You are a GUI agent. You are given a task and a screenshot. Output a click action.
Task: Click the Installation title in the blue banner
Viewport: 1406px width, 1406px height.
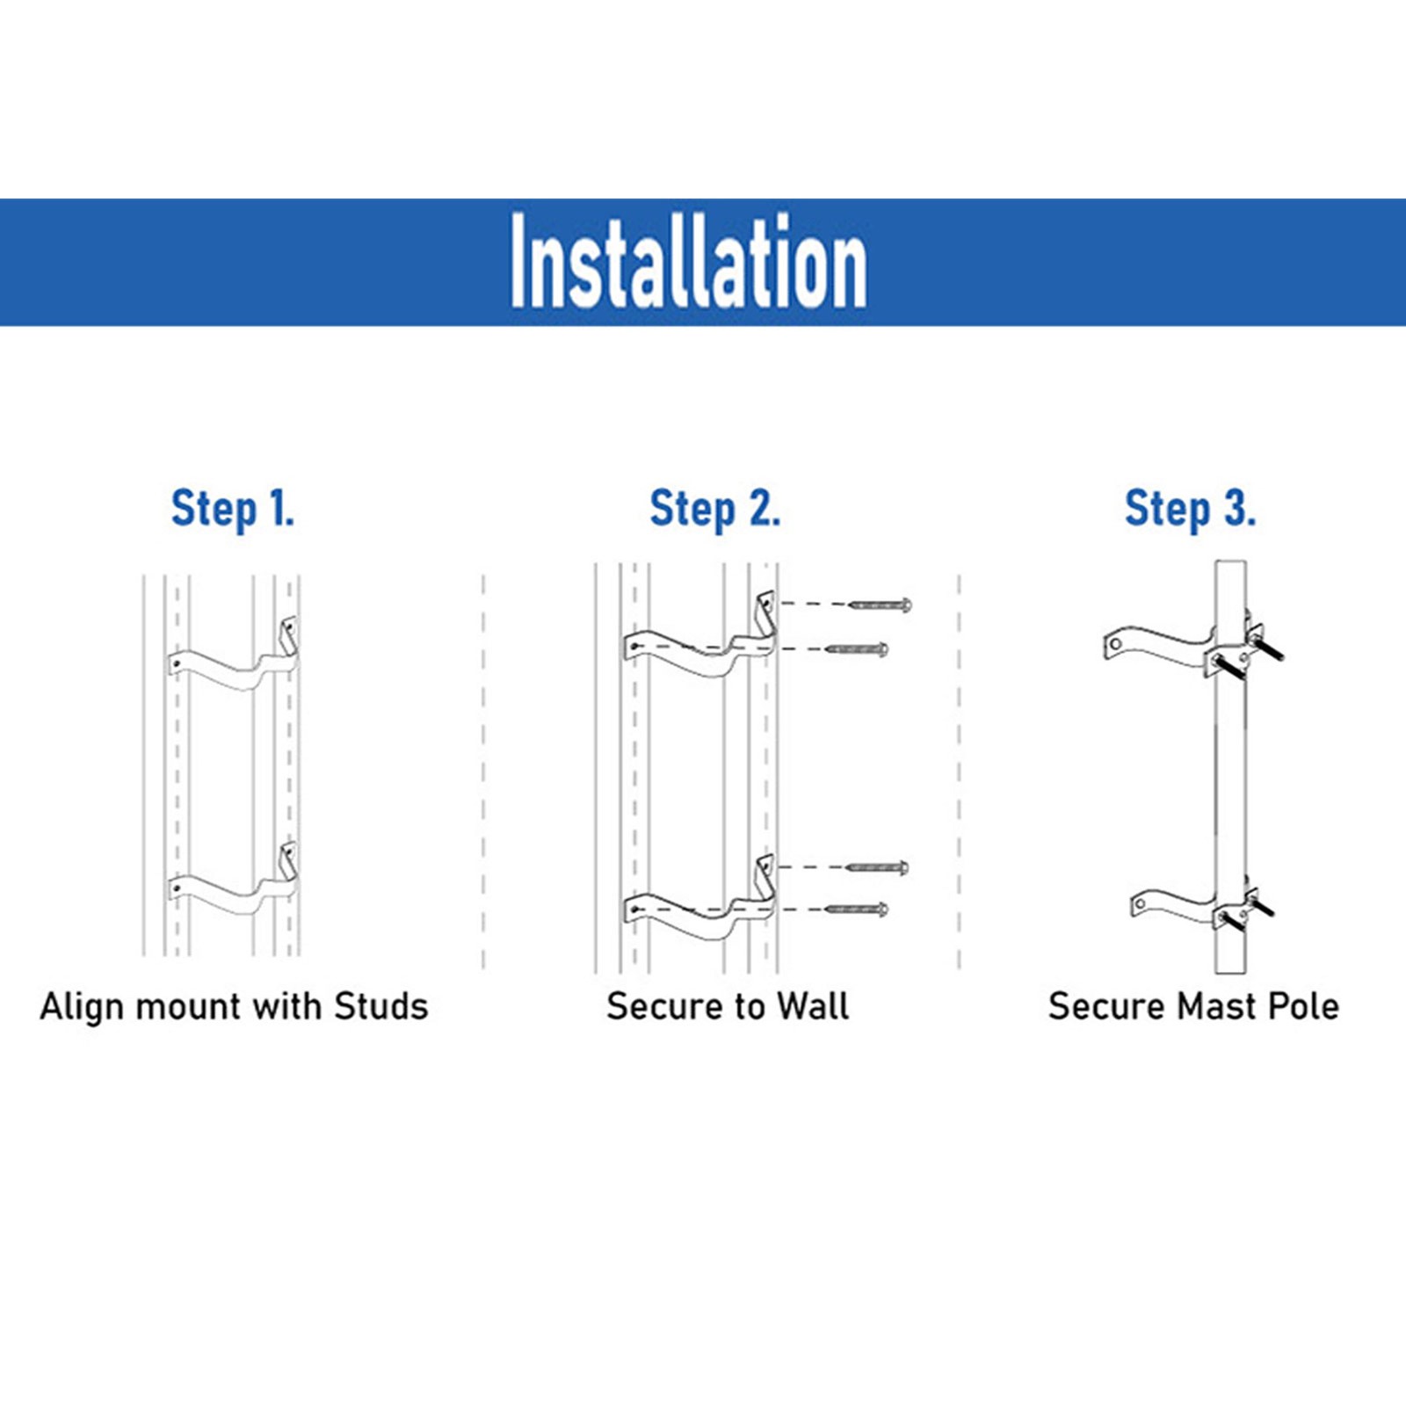point(689,262)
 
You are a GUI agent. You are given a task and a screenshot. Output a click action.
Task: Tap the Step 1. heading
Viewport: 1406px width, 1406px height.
point(233,509)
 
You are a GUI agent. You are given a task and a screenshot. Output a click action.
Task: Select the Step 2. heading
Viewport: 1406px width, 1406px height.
point(714,509)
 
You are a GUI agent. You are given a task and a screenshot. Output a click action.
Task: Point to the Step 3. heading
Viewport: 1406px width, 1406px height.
point(1191,509)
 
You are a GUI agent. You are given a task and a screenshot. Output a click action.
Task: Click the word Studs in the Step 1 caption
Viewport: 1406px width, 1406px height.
point(380,1006)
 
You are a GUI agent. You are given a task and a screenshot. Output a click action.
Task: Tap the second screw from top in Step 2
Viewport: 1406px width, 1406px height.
point(858,649)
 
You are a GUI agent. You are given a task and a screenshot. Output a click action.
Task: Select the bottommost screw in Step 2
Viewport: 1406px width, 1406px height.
point(858,909)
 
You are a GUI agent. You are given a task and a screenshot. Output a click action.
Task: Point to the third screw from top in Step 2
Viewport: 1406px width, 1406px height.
point(877,868)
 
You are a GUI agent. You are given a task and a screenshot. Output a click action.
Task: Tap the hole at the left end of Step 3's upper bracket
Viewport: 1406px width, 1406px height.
point(1115,644)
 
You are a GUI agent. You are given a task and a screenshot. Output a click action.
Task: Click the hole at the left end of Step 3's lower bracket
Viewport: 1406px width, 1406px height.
point(1141,903)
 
